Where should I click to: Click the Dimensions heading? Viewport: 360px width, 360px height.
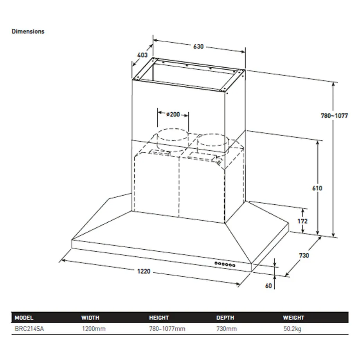point(28,31)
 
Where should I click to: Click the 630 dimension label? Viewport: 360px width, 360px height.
point(198,47)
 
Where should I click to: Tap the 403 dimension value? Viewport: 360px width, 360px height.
point(142,55)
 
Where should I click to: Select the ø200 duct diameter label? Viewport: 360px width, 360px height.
point(173,114)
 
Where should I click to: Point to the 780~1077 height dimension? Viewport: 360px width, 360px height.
point(334,115)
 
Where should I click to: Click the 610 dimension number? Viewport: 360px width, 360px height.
point(317,188)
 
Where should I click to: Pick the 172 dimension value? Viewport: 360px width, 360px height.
point(302,221)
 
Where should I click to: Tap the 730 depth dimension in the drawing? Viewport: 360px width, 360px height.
point(304,255)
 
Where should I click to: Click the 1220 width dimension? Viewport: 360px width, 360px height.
point(144,272)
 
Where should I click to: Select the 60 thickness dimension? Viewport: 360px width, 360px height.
point(268,286)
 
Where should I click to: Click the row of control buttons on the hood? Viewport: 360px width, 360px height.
point(225,264)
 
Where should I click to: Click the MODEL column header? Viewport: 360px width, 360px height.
point(24,318)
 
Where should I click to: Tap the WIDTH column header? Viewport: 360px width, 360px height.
point(90,318)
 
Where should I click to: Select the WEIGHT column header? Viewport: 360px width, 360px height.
point(293,318)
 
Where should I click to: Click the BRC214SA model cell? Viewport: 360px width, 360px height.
point(29,329)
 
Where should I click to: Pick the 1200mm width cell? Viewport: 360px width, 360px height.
point(94,329)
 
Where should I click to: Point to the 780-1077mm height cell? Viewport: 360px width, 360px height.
point(167,329)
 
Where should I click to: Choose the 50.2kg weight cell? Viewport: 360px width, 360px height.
point(292,329)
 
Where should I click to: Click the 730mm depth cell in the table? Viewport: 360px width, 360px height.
point(227,329)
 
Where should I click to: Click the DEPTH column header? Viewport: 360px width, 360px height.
point(225,318)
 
